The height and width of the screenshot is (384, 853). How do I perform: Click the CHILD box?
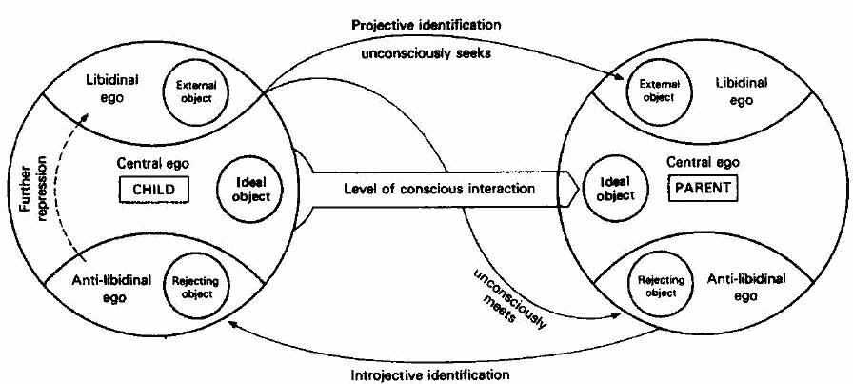click(x=150, y=190)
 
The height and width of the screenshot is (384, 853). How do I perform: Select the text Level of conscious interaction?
click(x=439, y=189)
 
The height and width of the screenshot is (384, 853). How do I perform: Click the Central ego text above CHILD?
click(x=149, y=161)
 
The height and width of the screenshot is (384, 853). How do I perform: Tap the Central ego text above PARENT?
click(x=703, y=163)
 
